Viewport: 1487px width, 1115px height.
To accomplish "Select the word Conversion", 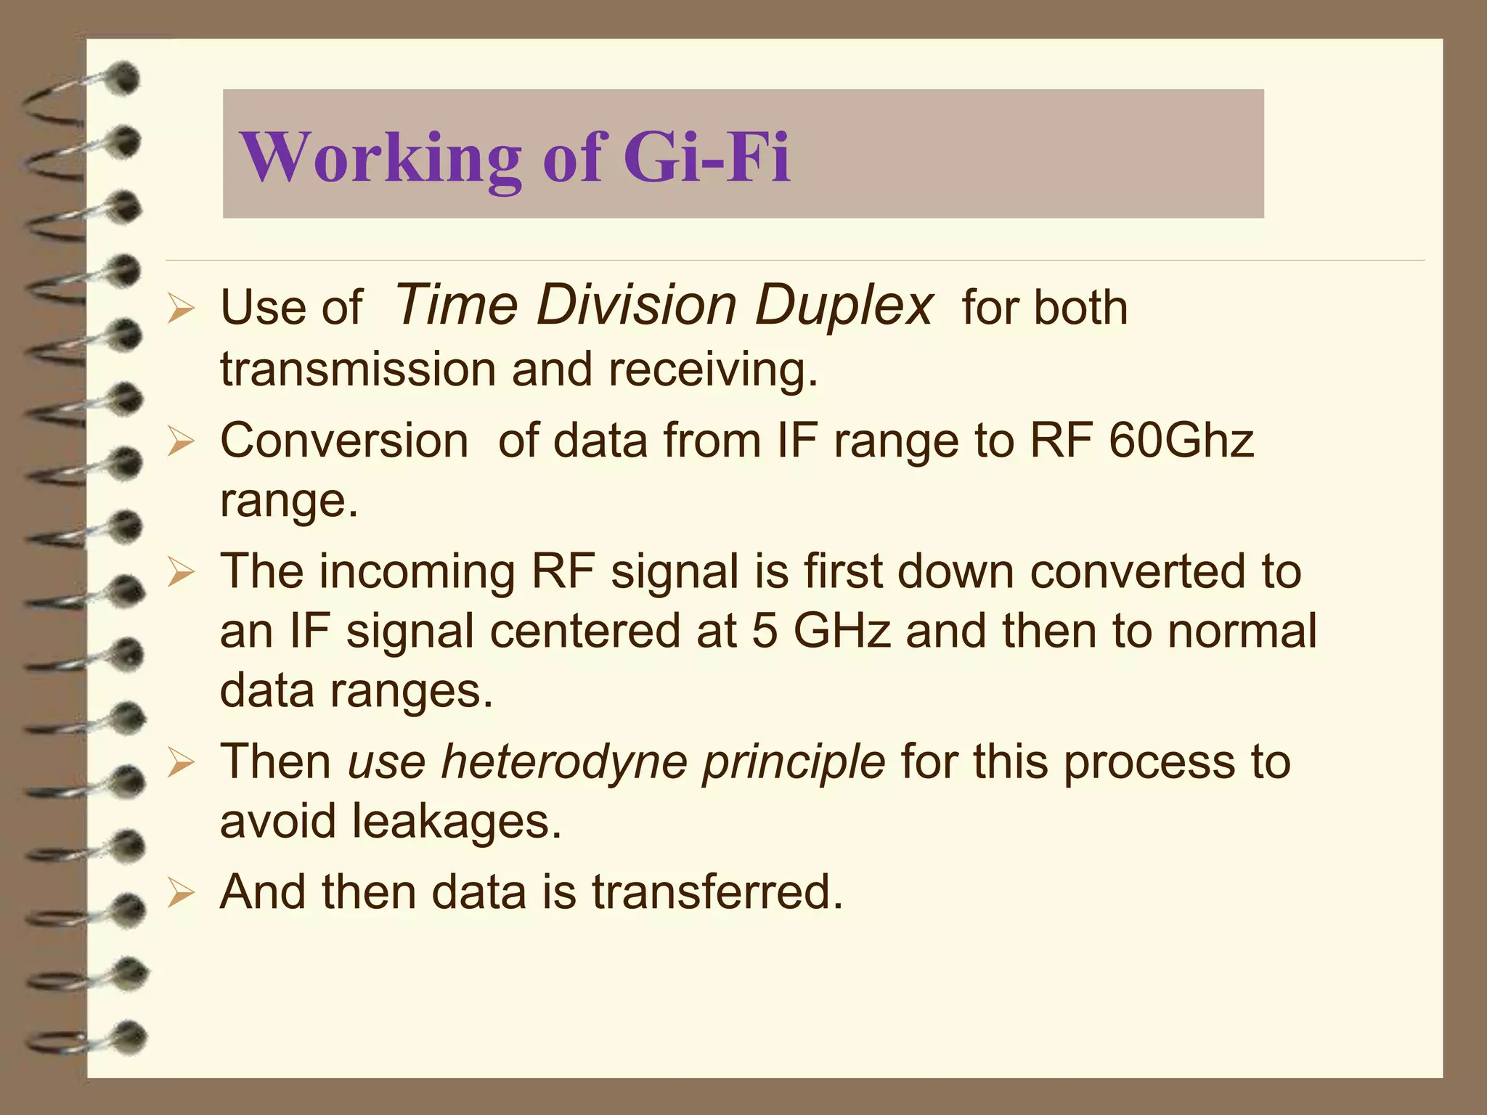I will [x=344, y=441].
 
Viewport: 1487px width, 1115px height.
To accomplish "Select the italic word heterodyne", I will [x=563, y=762].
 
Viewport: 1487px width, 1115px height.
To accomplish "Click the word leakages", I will [x=457, y=822].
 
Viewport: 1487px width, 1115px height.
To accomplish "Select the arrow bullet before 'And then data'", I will [x=180, y=894].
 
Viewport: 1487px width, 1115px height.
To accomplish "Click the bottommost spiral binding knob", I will [x=129, y=1037].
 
